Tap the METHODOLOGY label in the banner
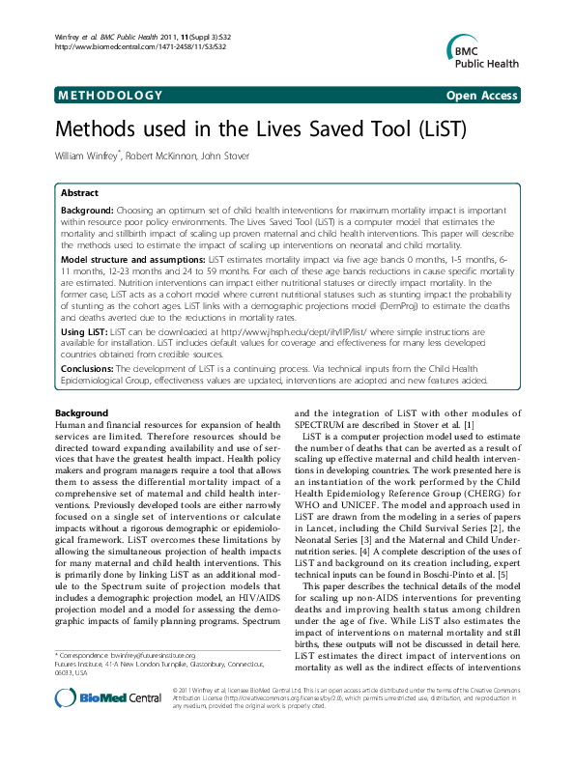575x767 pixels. click(110, 96)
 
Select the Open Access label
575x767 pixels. click(480, 96)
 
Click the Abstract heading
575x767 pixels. click(79, 193)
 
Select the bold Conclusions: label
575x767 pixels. click(88, 368)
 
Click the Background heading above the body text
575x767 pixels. click(82, 413)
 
